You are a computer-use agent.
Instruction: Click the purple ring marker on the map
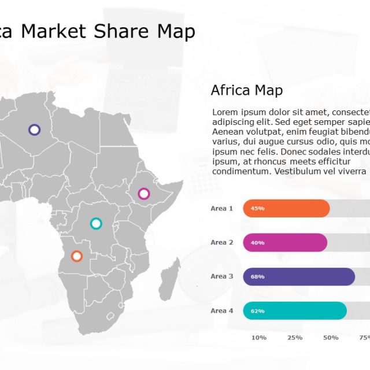point(34,129)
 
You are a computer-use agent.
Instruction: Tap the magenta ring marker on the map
point(143,194)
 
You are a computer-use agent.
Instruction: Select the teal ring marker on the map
point(96,223)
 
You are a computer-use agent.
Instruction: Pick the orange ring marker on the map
point(76,256)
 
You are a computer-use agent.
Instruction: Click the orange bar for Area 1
point(286,208)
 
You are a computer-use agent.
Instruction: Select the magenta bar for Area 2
point(285,242)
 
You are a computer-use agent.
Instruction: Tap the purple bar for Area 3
point(299,276)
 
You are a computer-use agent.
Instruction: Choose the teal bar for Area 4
point(295,310)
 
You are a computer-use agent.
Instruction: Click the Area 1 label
point(222,208)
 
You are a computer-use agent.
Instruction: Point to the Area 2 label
point(222,242)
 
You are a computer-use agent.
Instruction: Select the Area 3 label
point(222,276)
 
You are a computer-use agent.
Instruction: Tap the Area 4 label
point(222,310)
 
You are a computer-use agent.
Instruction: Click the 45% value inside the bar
point(257,208)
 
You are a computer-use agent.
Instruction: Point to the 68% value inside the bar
point(257,277)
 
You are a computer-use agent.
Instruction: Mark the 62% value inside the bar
point(257,311)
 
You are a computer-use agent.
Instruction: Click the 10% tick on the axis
point(259,338)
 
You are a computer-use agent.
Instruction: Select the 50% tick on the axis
point(331,338)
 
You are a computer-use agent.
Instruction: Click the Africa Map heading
point(247,90)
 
